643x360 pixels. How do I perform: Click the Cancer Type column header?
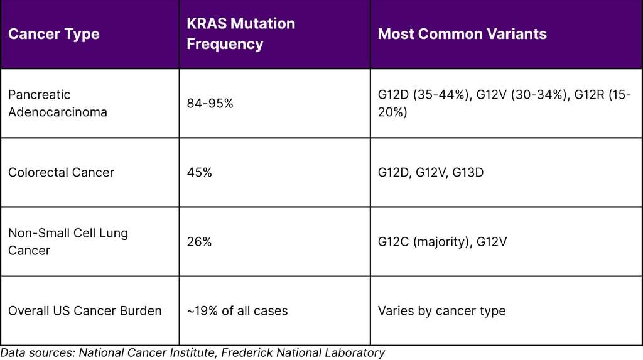[x=53, y=34]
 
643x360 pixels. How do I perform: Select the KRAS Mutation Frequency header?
[x=240, y=34]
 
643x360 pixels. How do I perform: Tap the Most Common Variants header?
[x=462, y=34]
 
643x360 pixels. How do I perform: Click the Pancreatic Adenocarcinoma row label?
[x=57, y=103]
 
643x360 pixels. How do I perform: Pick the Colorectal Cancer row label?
[x=61, y=172]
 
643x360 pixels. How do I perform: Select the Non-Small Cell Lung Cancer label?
[x=68, y=241]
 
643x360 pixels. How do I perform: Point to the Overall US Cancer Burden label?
[x=85, y=310]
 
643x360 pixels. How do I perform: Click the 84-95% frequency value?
[x=210, y=103]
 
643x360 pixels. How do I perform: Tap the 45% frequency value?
[x=199, y=172]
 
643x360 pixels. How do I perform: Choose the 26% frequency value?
[x=199, y=241]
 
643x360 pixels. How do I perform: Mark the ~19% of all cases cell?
[x=237, y=310]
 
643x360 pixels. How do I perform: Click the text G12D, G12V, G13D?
[x=430, y=172]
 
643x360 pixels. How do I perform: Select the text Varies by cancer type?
[x=441, y=310]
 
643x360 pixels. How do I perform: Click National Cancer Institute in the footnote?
[x=148, y=352]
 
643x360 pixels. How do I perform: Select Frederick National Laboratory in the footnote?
[x=304, y=352]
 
